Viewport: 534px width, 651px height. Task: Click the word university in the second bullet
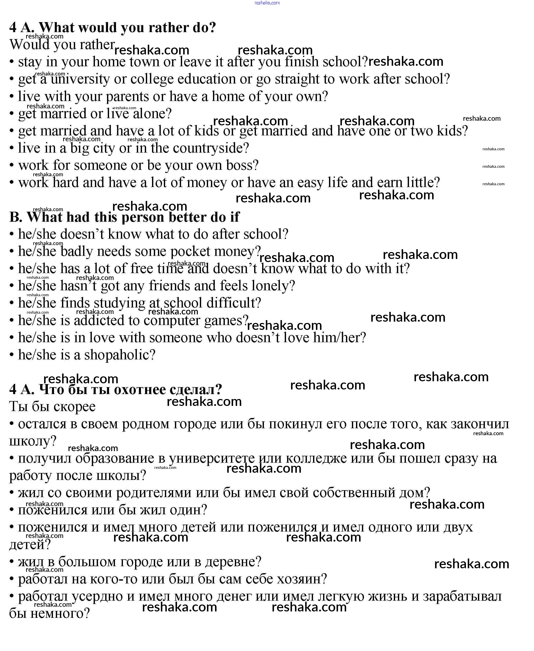(x=80, y=79)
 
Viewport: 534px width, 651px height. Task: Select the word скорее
(x=76, y=407)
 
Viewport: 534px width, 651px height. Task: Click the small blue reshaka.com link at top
(x=267, y=3)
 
